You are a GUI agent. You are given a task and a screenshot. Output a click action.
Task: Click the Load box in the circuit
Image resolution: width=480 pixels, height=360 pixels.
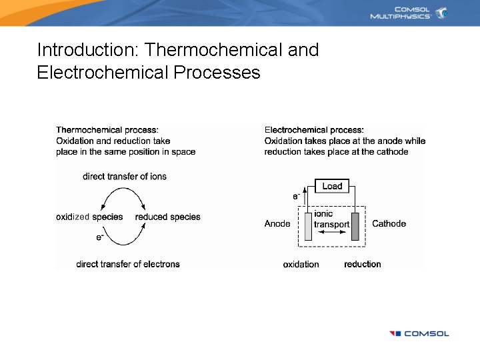pos(332,186)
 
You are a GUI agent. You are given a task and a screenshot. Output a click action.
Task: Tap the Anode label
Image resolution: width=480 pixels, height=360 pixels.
pos(277,224)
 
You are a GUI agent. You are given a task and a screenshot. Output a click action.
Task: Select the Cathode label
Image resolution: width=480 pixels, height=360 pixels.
pos(389,224)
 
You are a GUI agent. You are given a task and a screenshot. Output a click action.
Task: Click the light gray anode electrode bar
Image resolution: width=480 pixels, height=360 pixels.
pos(308,226)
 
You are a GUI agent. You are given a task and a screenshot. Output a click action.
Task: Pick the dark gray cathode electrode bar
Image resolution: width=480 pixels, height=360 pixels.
pos(355,226)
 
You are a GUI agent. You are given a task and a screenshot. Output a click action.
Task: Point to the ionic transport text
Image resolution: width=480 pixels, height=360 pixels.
pos(331,219)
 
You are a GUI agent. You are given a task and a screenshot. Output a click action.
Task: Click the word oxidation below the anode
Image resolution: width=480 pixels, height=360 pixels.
pos(301,265)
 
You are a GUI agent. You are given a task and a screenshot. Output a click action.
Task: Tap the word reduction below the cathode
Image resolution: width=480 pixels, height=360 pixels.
pos(363,265)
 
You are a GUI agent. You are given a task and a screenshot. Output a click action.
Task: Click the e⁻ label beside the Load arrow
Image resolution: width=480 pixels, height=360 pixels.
pos(296,196)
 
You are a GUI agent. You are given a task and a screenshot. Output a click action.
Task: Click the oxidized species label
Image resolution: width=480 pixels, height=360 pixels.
pos(89,217)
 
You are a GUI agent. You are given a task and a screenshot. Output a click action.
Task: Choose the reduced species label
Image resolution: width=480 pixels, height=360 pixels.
pos(167,217)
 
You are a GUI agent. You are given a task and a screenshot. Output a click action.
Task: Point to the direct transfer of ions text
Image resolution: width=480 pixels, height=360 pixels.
pos(125,177)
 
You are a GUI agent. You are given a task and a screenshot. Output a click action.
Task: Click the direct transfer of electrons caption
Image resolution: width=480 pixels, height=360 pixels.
pos(128,265)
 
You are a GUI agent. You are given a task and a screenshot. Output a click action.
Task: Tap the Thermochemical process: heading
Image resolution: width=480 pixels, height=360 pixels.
pos(107,130)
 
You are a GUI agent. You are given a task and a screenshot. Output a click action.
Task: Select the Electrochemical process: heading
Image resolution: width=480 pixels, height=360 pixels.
pos(314,130)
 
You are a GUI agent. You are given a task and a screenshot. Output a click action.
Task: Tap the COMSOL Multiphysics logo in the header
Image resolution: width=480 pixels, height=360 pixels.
pos(409,13)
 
